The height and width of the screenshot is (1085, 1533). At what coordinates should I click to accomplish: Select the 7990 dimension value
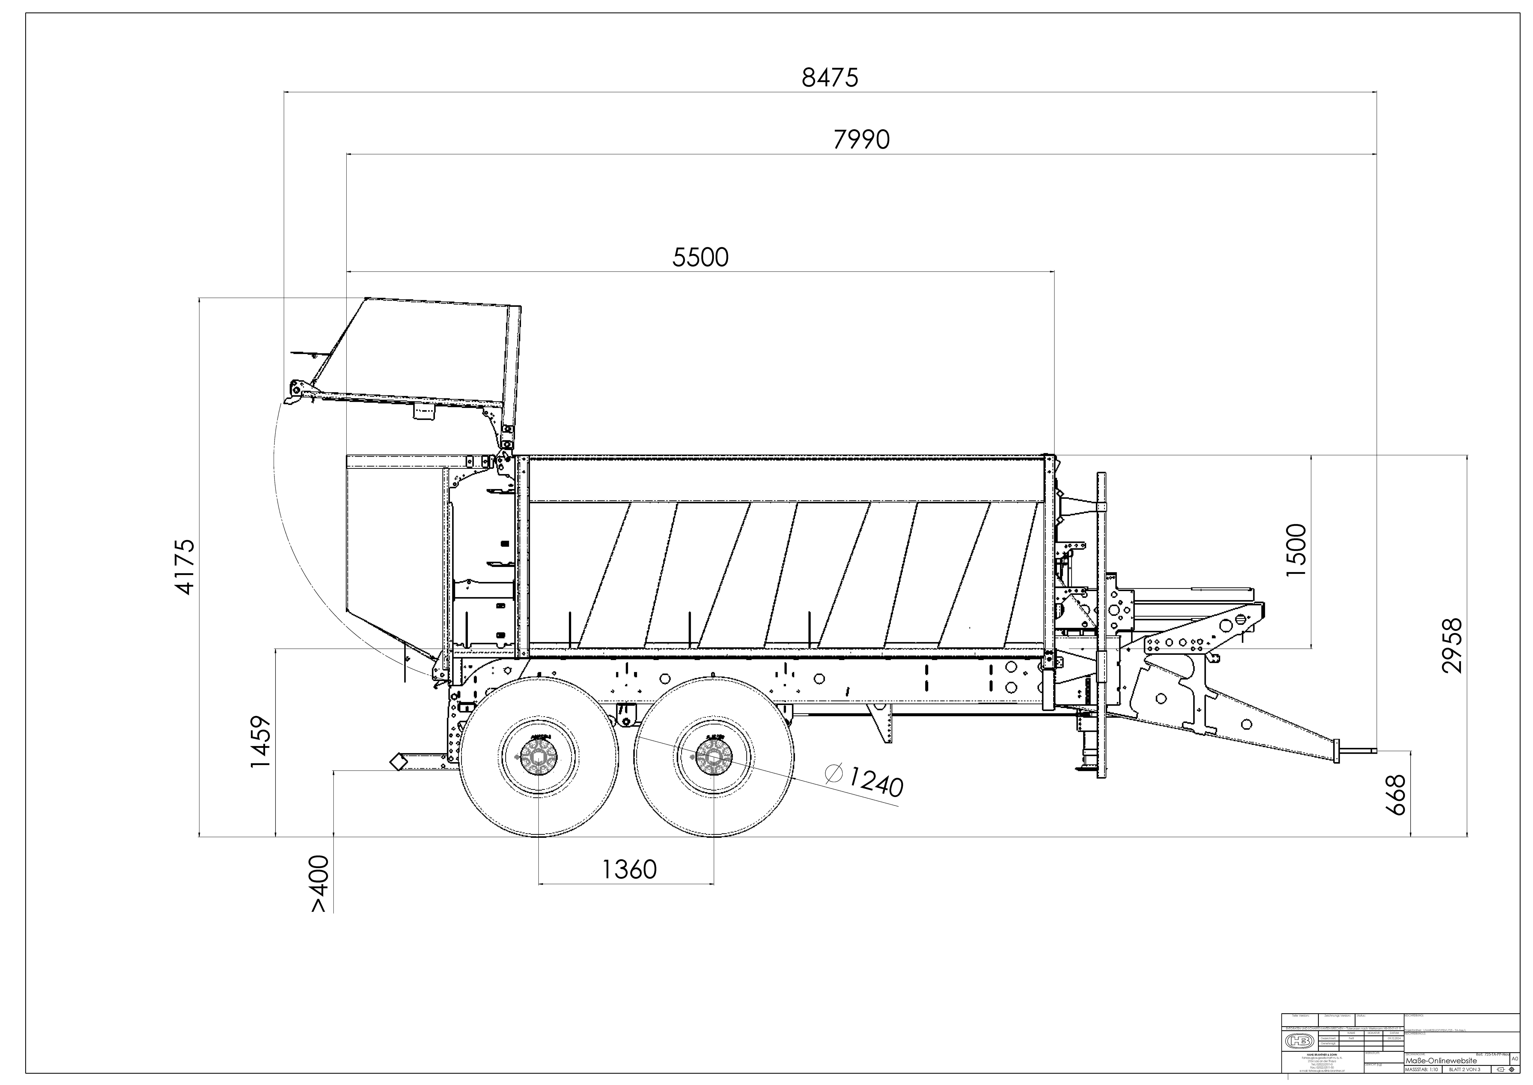click(861, 140)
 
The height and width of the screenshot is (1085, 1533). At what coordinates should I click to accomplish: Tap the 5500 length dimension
click(700, 257)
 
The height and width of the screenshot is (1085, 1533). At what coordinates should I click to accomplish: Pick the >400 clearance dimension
click(319, 883)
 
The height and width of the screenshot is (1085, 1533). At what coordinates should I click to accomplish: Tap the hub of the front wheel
click(713, 757)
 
